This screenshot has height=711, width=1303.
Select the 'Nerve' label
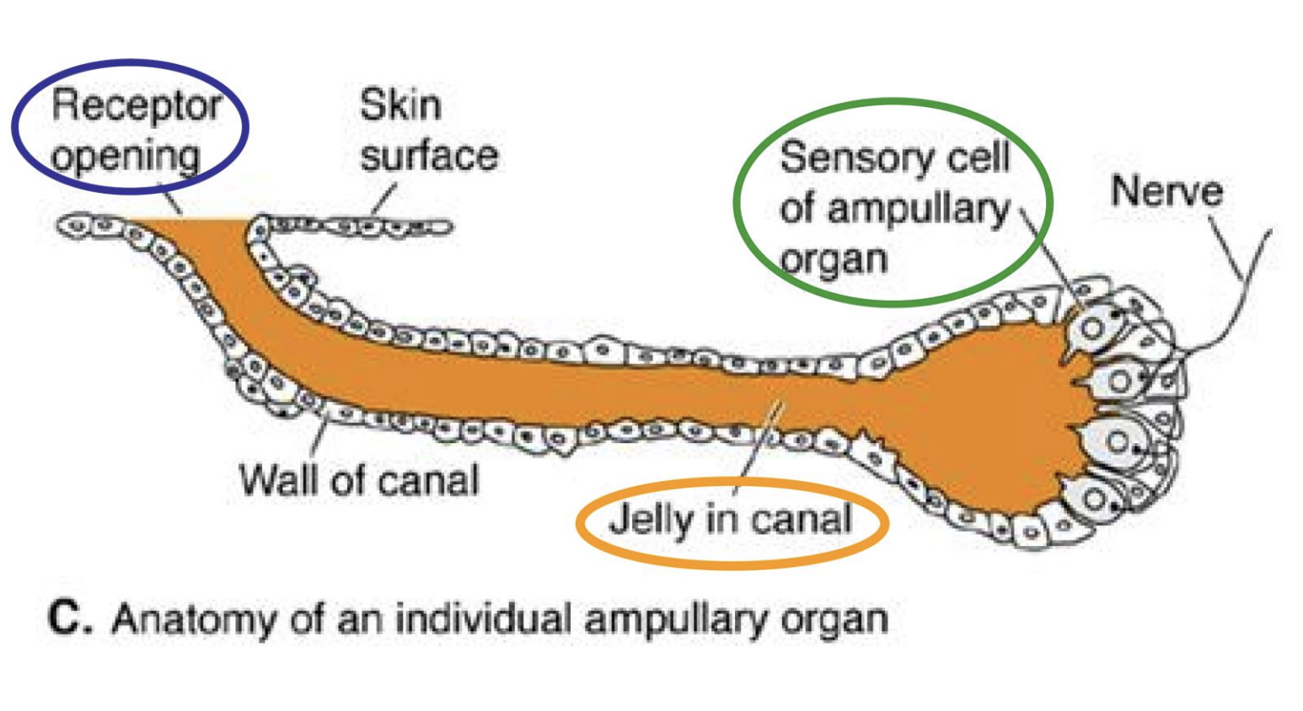[1166, 191]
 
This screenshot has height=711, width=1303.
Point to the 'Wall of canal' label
[359, 480]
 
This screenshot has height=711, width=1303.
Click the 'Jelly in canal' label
[730, 519]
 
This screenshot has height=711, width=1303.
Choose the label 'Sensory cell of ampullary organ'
[893, 207]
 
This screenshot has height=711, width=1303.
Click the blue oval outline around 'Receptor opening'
[244, 126]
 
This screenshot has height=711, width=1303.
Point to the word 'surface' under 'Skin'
[428, 157]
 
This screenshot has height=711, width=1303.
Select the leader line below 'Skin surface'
[383, 200]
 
